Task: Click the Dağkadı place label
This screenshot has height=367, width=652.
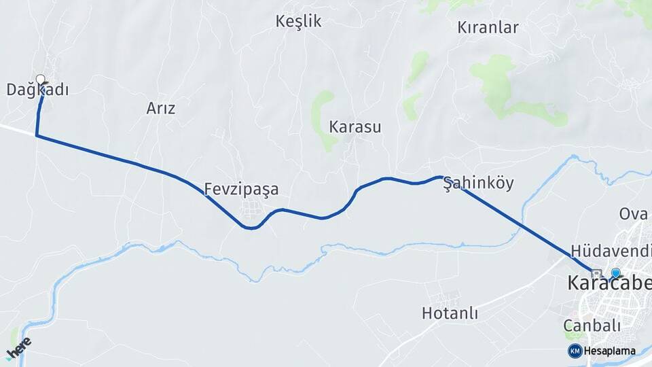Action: [x=37, y=90]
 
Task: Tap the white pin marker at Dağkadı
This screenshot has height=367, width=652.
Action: [x=41, y=80]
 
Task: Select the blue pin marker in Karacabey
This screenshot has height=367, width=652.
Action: [x=615, y=273]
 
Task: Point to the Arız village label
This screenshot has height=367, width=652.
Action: [x=161, y=108]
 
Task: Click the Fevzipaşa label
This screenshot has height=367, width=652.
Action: [x=241, y=190]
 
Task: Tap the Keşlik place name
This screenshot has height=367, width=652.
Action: [x=298, y=22]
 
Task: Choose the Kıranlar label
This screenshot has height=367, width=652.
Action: [x=488, y=28]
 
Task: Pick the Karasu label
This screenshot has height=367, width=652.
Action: [x=355, y=127]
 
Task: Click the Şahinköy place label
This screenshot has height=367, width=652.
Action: [x=478, y=183]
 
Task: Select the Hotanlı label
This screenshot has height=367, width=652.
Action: [x=450, y=314]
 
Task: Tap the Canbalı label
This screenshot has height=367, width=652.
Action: [x=592, y=326]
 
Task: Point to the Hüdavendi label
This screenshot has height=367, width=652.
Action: [x=611, y=250]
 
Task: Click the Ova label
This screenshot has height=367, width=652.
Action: [x=633, y=214]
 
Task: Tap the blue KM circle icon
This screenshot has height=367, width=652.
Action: [x=575, y=351]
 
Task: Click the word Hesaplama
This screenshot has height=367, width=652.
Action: [x=609, y=351]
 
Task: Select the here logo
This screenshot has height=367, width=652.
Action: [x=18, y=347]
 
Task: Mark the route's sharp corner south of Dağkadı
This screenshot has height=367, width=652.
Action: [x=37, y=136]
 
